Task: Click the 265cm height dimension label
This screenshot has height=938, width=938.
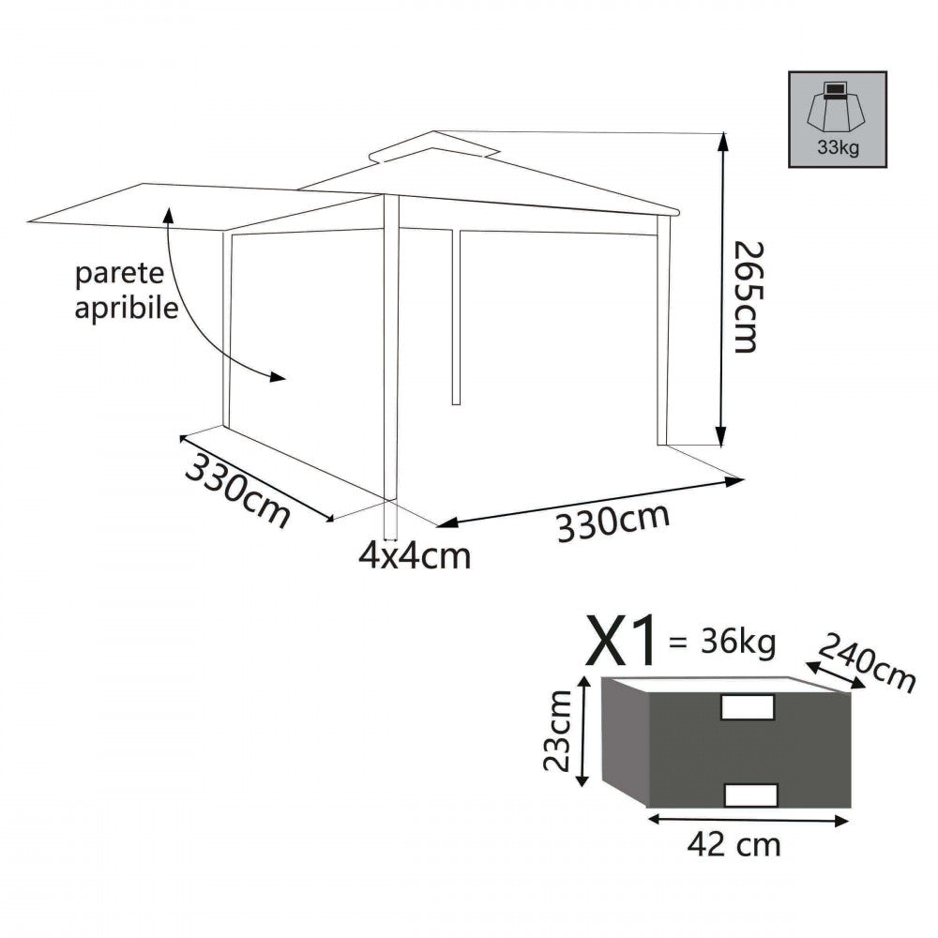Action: [745, 296]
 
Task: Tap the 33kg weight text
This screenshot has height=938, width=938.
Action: [838, 148]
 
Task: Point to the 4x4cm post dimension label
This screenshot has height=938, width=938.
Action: [414, 555]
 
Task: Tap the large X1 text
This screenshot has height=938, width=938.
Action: [622, 642]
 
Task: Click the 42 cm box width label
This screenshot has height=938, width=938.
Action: [734, 844]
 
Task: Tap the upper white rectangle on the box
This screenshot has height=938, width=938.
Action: [747, 707]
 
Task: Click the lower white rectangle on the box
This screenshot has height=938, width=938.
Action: [751, 795]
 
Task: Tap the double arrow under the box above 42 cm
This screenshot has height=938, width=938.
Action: [748, 819]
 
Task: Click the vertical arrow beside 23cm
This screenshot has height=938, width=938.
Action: [584, 733]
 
